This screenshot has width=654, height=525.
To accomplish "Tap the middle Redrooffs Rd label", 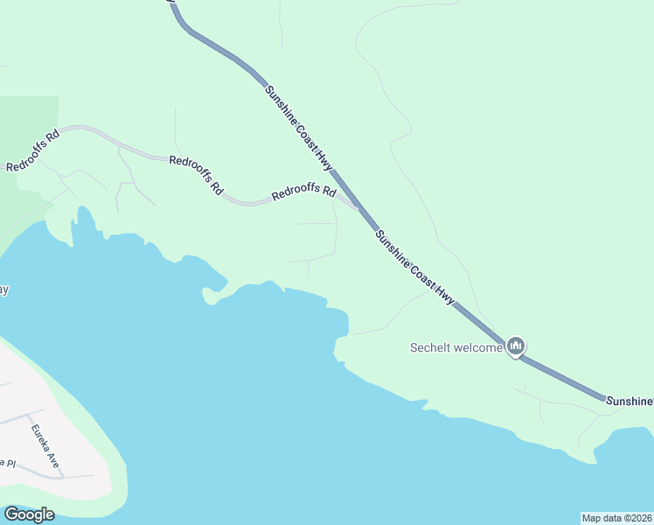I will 196,174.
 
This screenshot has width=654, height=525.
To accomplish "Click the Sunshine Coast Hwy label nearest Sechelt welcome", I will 415,267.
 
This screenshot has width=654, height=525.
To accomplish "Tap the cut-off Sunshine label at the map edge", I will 630,400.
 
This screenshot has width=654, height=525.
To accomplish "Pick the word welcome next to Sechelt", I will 479,347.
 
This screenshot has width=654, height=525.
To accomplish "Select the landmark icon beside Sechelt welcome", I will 516,347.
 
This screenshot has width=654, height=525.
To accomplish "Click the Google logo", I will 29,514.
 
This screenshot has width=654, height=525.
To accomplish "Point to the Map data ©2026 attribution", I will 616,518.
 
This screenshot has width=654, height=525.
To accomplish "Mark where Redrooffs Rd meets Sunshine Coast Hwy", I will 359,209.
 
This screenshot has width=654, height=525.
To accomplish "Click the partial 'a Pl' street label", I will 8,463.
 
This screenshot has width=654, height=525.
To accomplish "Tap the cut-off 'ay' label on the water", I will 3,290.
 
